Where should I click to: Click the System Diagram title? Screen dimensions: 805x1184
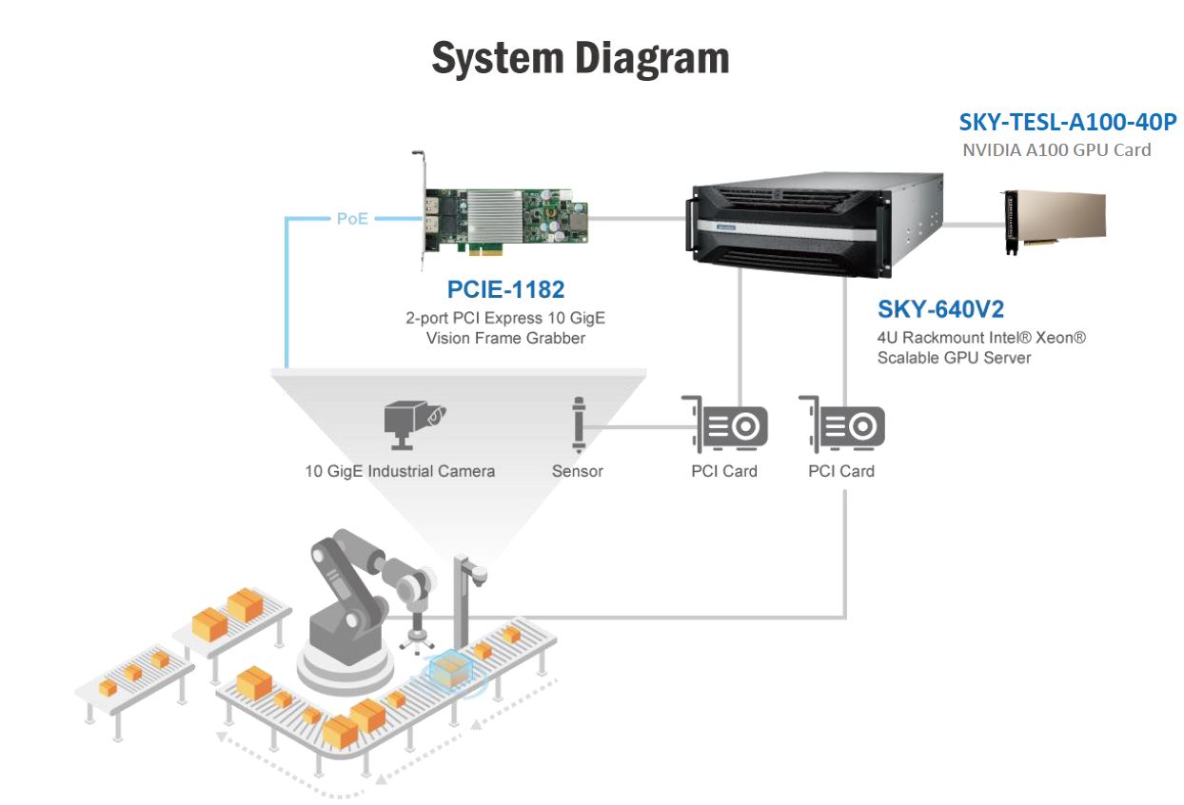point(581,58)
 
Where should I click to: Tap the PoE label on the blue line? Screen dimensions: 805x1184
point(352,219)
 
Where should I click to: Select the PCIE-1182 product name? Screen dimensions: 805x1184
point(504,289)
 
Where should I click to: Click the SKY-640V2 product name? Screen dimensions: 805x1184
point(940,309)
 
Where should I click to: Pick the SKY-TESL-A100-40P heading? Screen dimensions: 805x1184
point(1068,122)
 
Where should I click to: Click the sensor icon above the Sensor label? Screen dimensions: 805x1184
point(578,424)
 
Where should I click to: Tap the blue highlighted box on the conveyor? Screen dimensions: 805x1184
point(451,668)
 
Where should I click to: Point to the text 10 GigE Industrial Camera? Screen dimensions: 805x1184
point(400,471)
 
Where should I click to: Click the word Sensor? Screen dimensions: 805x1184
point(578,471)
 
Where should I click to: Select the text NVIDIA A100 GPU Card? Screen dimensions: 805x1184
point(1056,149)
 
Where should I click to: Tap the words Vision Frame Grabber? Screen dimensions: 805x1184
point(505,338)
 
